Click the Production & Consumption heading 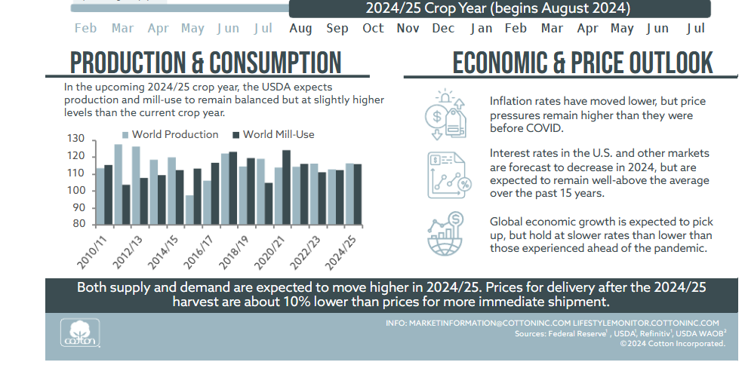coord(205,63)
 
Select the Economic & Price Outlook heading coord(582,63)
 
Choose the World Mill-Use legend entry coord(272,135)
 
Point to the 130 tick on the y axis coord(75,139)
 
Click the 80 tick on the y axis coord(79,224)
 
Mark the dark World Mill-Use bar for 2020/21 coord(286,187)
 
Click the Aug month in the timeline coord(300,29)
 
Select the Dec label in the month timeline coord(443,29)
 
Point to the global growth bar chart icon coord(445,236)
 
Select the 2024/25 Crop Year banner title coord(498,8)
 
